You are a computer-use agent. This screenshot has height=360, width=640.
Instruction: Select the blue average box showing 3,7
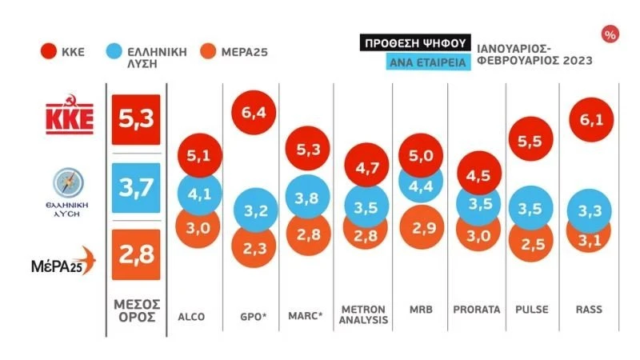click(x=136, y=188)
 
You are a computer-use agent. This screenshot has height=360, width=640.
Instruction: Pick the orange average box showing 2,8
click(x=136, y=255)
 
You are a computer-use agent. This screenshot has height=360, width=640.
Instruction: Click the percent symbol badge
click(x=610, y=34)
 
